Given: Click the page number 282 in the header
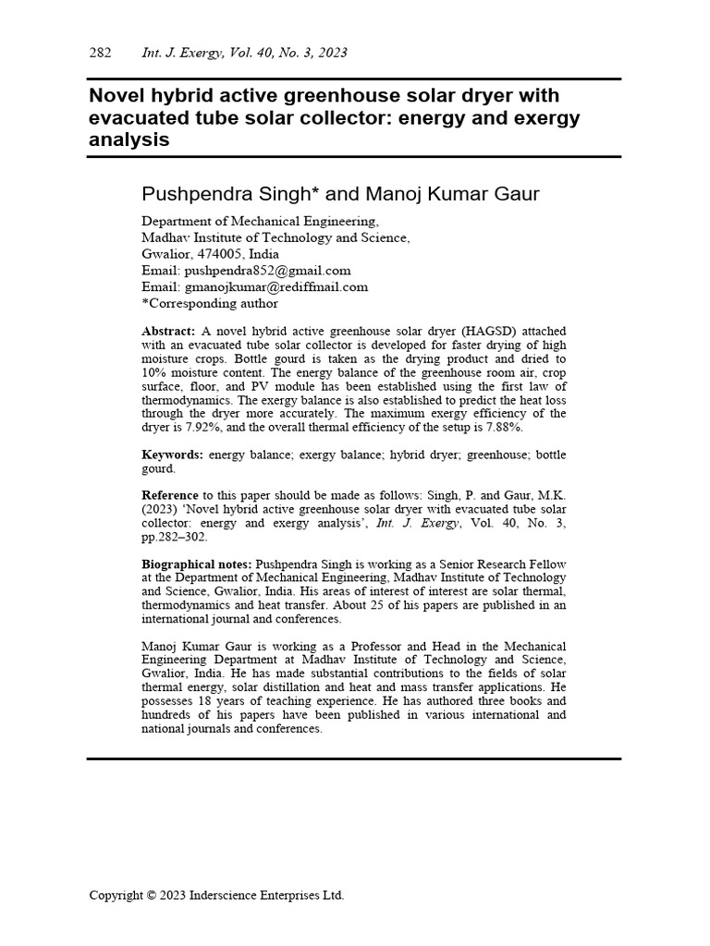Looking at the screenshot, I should pos(100,53).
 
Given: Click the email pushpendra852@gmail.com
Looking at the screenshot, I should pos(268,271).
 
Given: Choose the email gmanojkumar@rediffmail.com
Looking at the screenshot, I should pos(276,286).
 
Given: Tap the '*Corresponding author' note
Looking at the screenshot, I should pos(209,303).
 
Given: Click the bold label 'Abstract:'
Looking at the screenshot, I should pos(168,331).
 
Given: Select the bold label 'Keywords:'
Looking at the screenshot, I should pos(173,455).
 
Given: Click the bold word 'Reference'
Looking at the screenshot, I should pos(170,495).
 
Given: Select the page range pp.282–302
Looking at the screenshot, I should pos(175,537).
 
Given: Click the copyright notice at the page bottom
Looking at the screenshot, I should pos(216,895).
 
